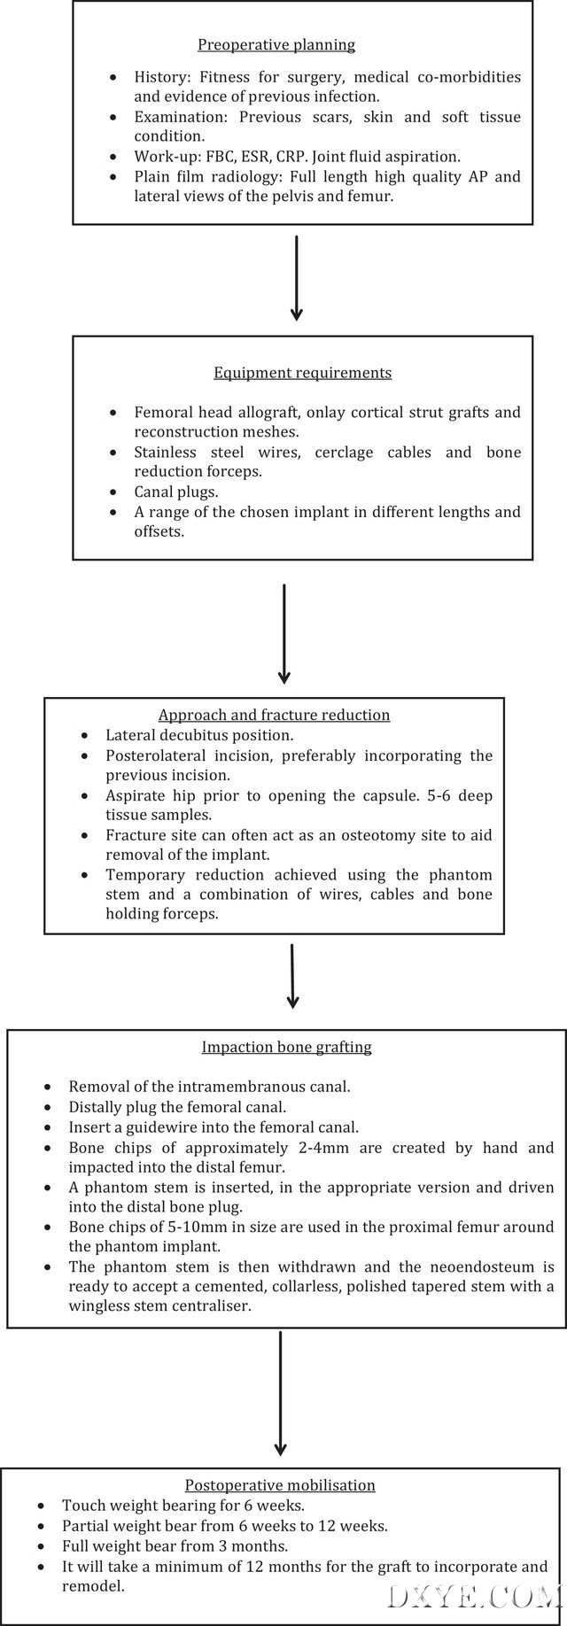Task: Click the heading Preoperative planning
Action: (276, 44)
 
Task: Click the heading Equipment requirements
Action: (302, 373)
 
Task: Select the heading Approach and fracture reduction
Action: (274, 715)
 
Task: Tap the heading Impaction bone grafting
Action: (286, 1047)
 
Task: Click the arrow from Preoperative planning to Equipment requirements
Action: (296, 276)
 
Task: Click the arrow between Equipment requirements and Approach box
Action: (283, 634)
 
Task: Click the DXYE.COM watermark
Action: (475, 1574)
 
